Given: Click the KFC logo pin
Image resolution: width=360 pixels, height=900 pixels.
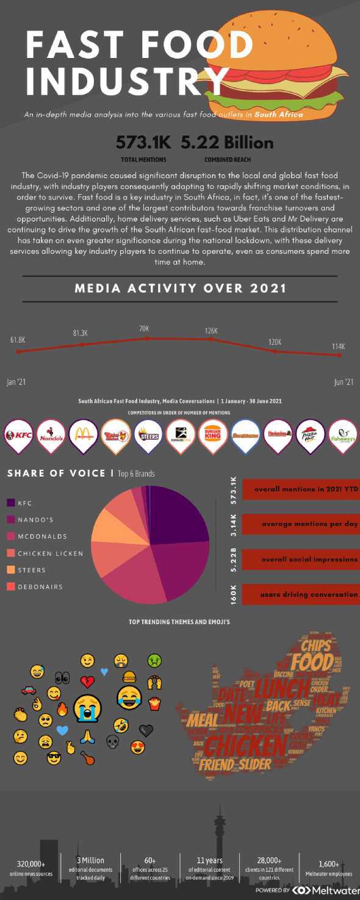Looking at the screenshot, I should point(18,435).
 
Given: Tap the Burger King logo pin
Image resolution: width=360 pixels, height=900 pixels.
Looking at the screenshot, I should point(214,435).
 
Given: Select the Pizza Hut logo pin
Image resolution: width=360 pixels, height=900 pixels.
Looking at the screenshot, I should point(311,435).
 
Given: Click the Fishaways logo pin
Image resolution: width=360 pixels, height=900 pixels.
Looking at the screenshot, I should point(344,435).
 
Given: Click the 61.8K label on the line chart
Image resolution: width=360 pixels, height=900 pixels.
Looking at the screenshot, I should point(18,339).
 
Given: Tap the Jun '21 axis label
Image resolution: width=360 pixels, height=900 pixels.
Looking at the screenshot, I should point(344,382).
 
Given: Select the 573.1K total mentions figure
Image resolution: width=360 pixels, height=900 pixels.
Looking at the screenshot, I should point(143,143).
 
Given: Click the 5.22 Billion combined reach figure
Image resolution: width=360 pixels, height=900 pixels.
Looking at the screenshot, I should point(227,143).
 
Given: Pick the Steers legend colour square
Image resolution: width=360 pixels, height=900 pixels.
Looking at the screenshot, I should point(10,570).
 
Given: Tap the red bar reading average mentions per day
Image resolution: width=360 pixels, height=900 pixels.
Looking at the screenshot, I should point(300,524).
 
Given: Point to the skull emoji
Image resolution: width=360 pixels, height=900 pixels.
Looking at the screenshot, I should point(112,741).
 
